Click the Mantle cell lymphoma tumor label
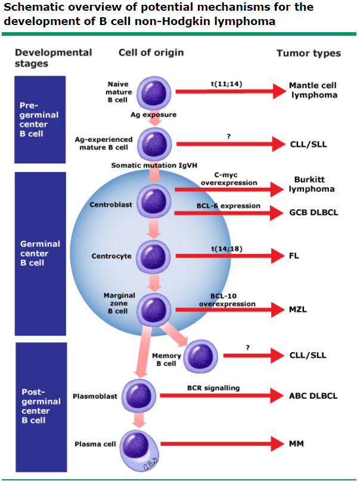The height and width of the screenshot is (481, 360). (313, 90)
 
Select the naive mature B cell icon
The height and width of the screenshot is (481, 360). (154, 92)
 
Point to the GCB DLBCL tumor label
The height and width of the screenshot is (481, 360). (314, 212)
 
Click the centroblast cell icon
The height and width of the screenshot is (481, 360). (154, 200)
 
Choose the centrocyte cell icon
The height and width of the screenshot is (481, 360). (154, 256)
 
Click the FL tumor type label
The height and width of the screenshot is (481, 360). (293, 256)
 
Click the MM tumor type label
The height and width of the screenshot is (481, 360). (297, 444)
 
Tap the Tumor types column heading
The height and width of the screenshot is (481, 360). (308, 53)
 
